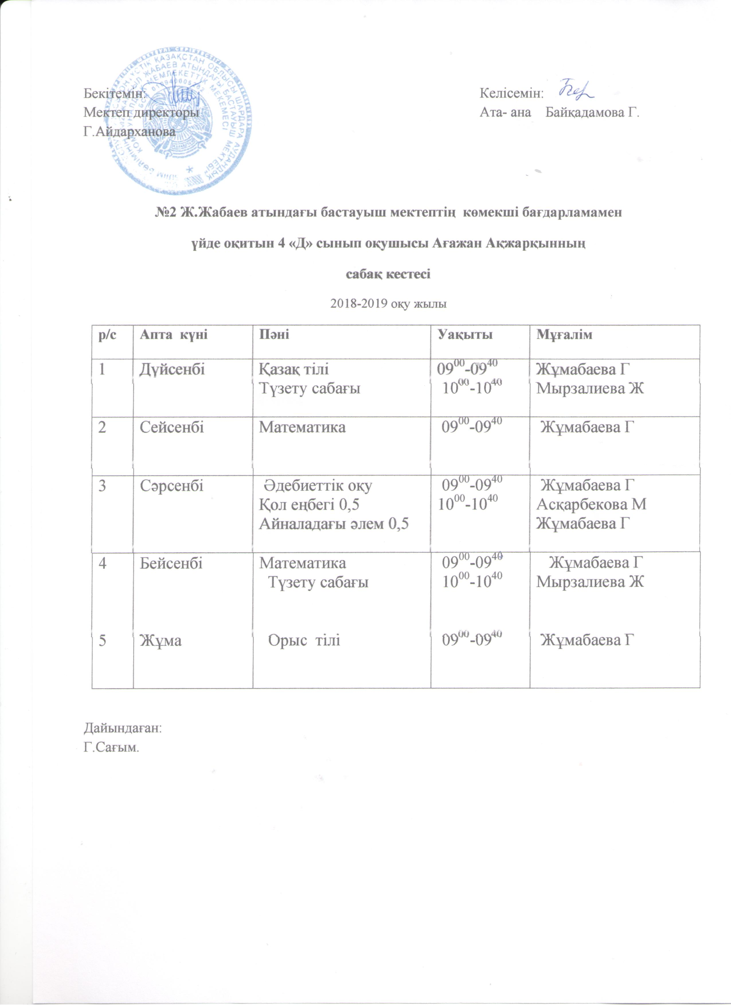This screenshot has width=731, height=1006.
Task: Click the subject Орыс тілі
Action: (x=304, y=640)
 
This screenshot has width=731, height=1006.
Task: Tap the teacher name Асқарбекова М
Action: (x=591, y=504)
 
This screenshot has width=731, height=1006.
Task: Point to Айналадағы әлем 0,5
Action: (x=334, y=524)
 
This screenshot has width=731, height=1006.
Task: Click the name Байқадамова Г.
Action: (x=593, y=112)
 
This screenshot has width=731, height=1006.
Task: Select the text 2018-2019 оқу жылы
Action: (x=388, y=303)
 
